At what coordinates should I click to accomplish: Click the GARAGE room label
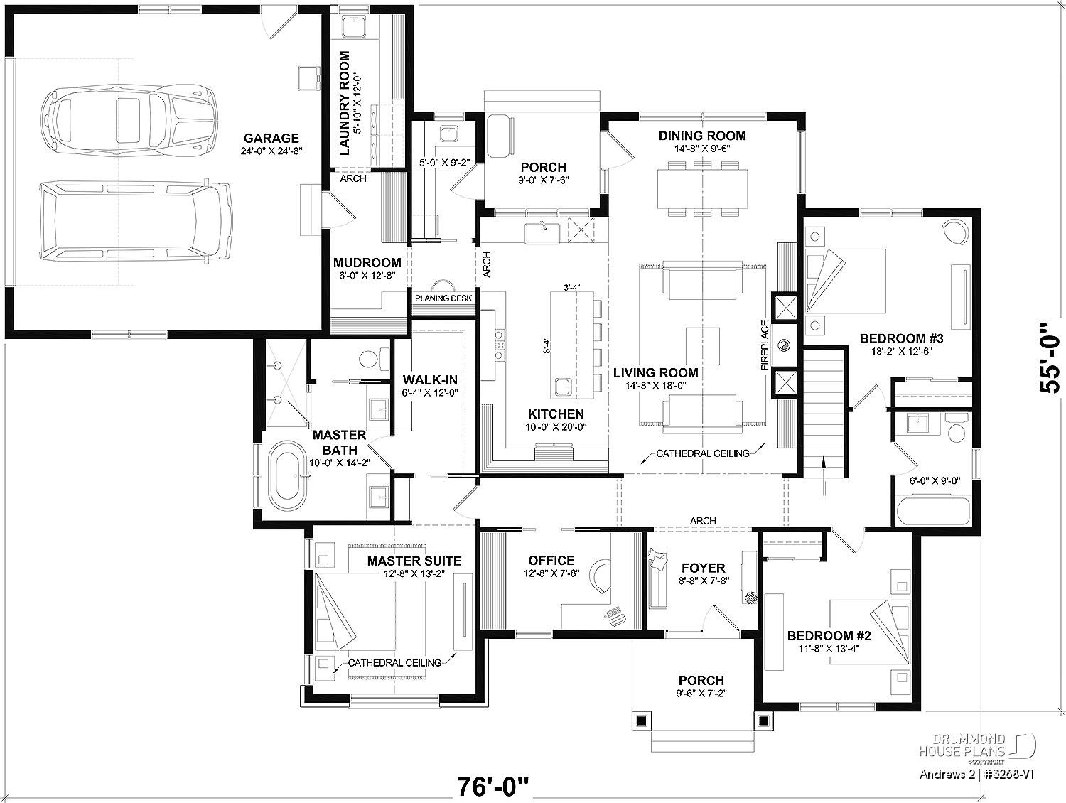pos(271,139)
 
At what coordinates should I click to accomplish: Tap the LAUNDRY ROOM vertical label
pos(345,104)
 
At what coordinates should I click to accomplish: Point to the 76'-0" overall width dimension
pos(492,787)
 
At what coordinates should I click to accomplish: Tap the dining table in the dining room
pos(702,188)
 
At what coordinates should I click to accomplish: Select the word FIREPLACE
pos(765,345)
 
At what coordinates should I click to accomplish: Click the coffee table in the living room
pos(703,345)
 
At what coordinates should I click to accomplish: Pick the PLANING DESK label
pos(443,298)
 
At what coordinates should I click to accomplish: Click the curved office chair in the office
pos(601,576)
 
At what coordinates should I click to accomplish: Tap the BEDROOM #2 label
pos(829,635)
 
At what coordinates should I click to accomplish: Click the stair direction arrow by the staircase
pos(824,475)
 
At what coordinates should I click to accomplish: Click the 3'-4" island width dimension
pos(571,287)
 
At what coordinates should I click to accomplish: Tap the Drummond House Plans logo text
pos(962,745)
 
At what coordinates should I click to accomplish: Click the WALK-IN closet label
pos(430,379)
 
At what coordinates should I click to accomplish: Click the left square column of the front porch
pos(642,721)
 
